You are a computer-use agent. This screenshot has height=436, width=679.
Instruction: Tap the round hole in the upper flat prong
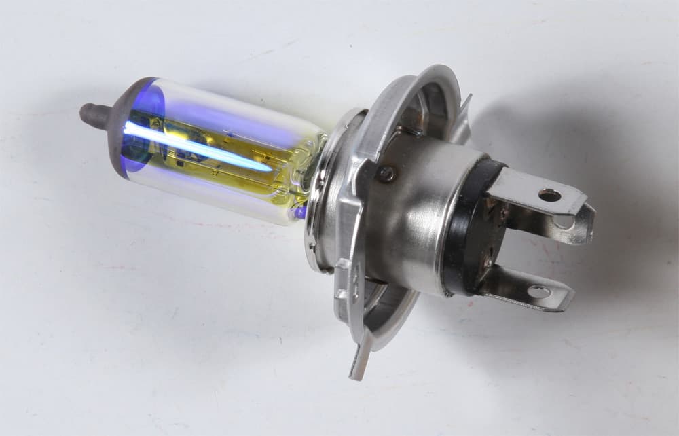point(549,196)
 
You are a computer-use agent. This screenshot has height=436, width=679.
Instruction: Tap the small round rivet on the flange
point(387,174)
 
